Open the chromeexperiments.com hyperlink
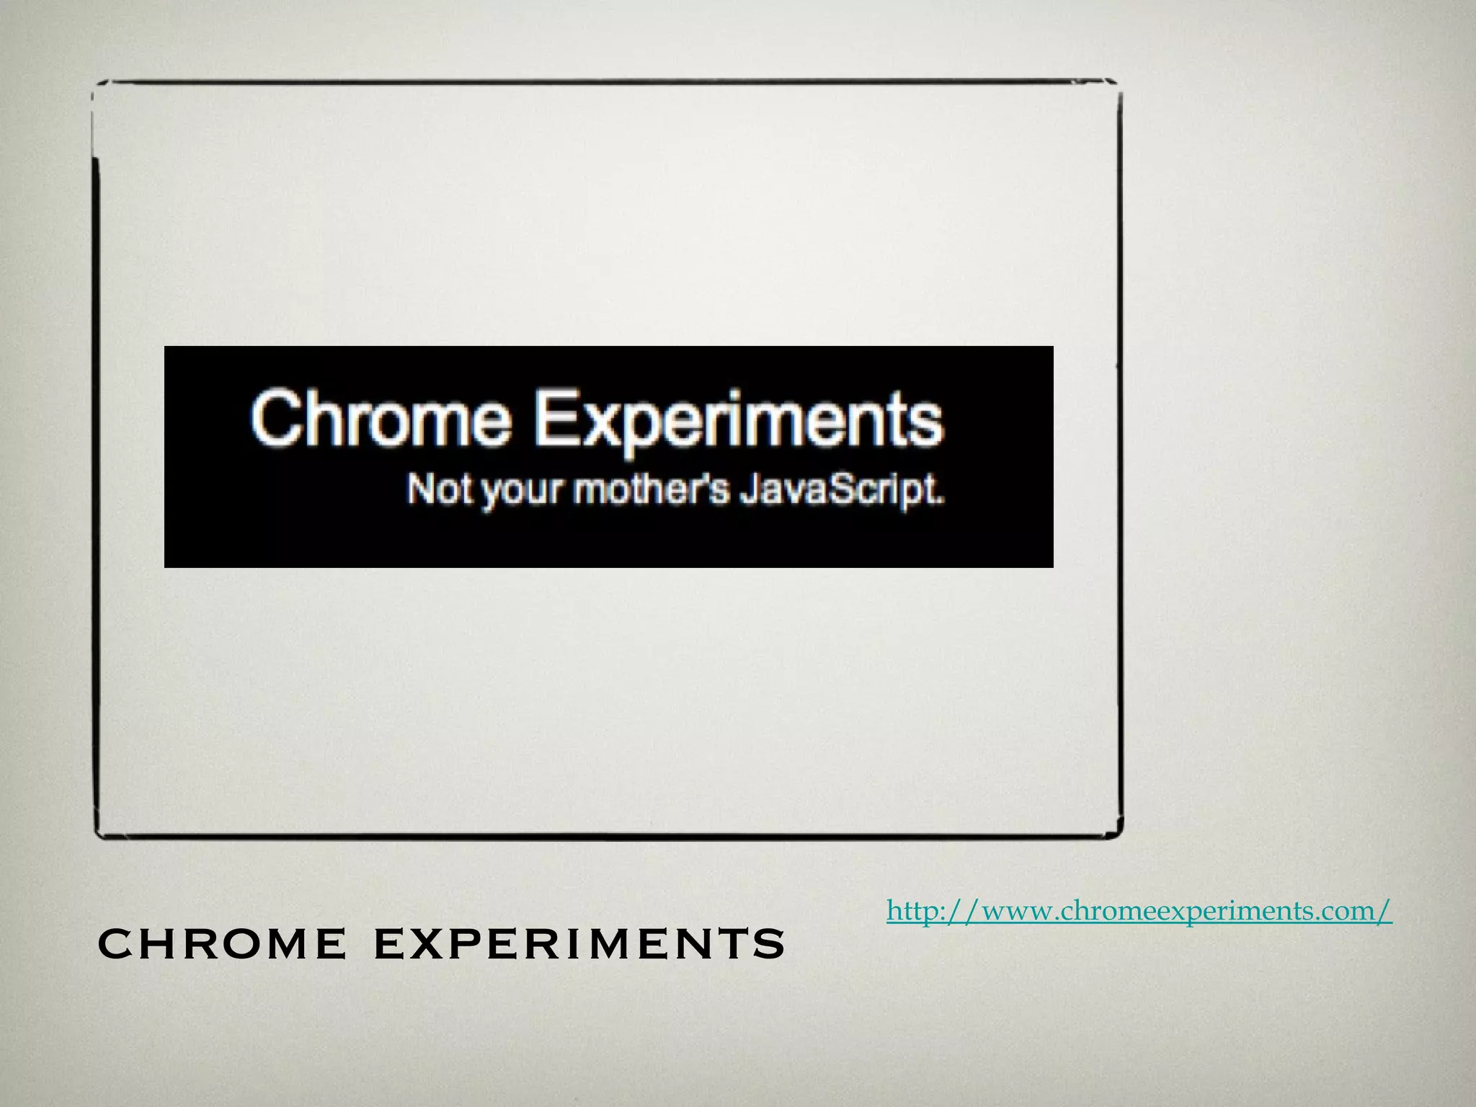click(1139, 911)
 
